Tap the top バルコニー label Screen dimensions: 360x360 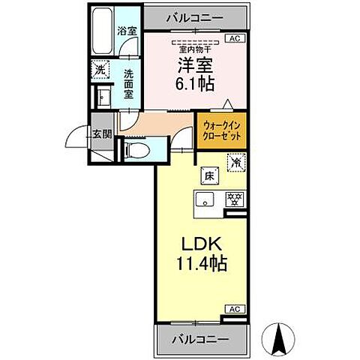coord(196,16)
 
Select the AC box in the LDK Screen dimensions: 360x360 coord(234,308)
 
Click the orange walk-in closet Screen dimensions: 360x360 coord(220,133)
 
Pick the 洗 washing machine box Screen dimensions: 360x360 coord(100,70)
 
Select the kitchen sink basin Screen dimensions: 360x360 coord(205,199)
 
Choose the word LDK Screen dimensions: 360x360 coord(195,245)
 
